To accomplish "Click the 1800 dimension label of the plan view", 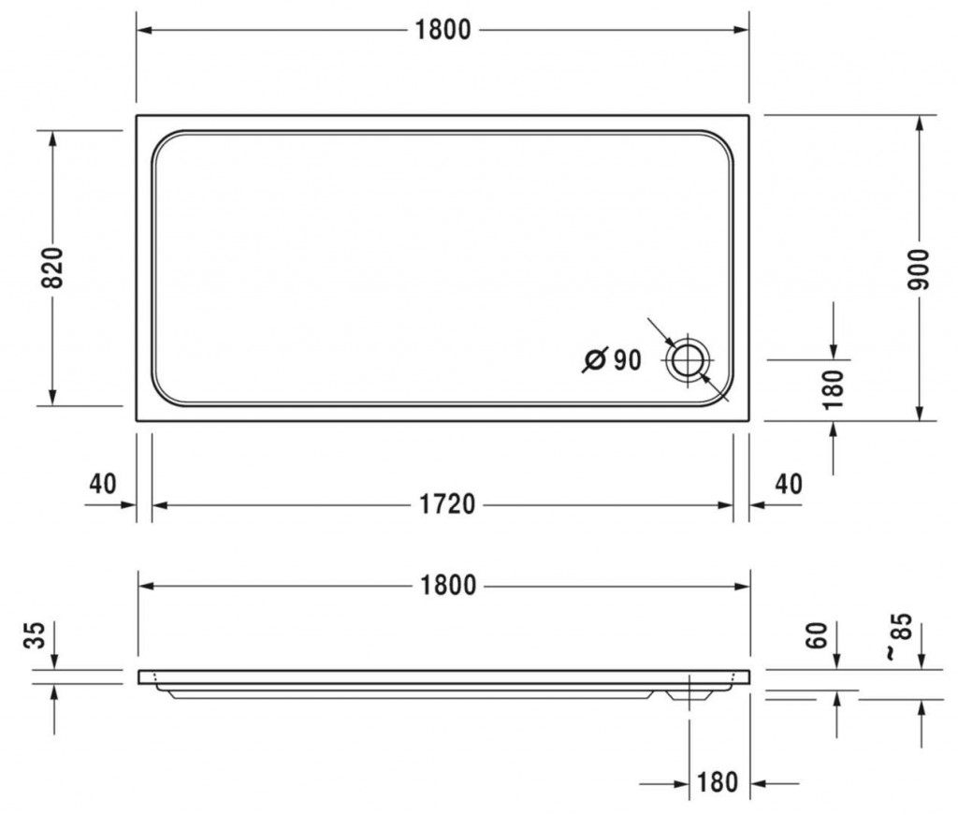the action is [x=443, y=30].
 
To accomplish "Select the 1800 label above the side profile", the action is [x=448, y=586].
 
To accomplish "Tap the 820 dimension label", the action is [x=53, y=269].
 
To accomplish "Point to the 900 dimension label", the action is [x=919, y=269].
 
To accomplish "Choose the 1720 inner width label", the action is [x=447, y=504].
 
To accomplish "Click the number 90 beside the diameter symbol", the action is [x=627, y=360].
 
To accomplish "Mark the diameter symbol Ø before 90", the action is [x=595, y=359].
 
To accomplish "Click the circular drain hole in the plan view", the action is [x=688, y=360].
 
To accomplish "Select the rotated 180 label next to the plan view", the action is [x=833, y=389].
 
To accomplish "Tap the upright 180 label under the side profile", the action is [x=718, y=782].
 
